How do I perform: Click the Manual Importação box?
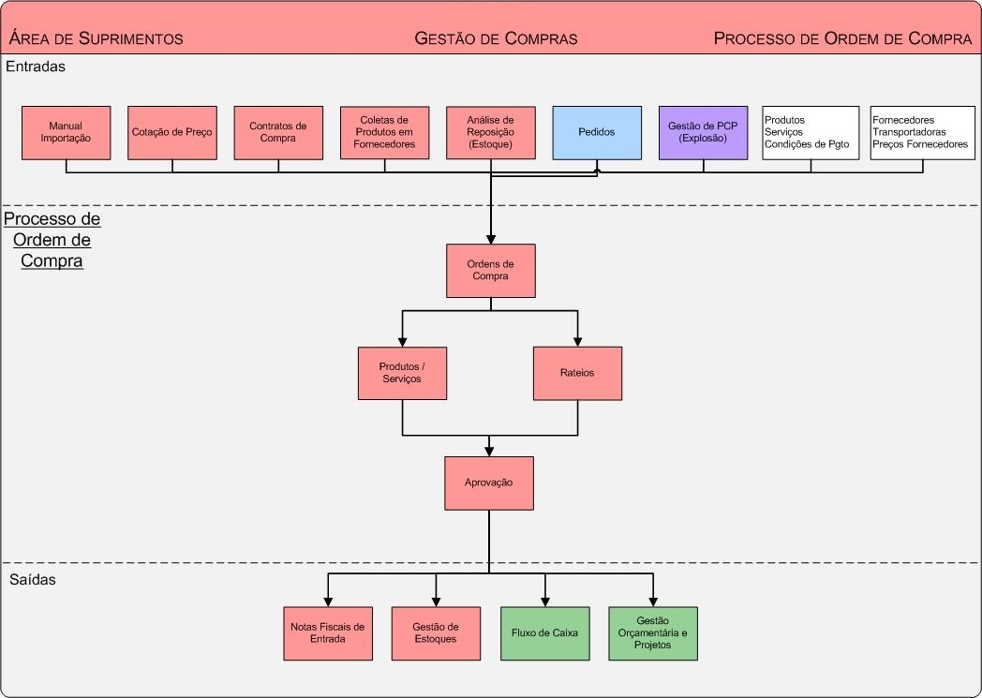click(x=66, y=132)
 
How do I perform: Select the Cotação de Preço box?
click(x=172, y=132)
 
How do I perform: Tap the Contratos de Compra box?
click(x=278, y=132)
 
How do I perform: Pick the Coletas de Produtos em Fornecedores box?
click(x=384, y=132)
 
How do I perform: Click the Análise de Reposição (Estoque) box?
click(x=490, y=132)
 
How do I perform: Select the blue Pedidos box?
click(x=597, y=132)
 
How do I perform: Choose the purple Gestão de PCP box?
click(x=703, y=132)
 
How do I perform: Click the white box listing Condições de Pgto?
click(x=811, y=132)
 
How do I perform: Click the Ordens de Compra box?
click(x=490, y=271)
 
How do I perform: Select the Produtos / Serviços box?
click(x=402, y=373)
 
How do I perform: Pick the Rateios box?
click(x=577, y=373)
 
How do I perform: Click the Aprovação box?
click(x=488, y=483)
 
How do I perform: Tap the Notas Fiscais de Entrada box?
click(x=327, y=633)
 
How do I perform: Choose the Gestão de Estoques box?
click(x=435, y=633)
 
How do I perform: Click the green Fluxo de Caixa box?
click(x=544, y=633)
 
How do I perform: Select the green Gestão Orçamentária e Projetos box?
click(x=652, y=633)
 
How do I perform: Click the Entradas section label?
click(x=35, y=67)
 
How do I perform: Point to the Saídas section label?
click(x=33, y=580)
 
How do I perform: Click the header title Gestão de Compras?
click(x=496, y=38)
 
